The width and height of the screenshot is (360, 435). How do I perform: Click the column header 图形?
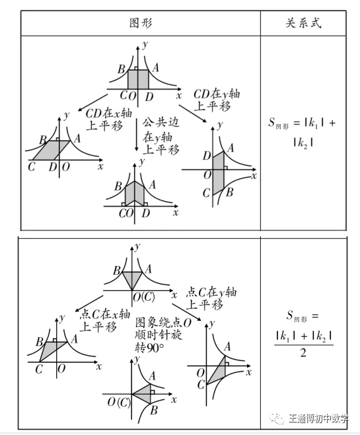click(140, 22)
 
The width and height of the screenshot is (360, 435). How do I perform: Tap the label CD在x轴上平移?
click(104, 119)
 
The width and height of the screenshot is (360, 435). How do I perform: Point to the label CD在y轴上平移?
click(217, 100)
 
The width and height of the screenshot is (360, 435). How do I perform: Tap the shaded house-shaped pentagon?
click(138, 194)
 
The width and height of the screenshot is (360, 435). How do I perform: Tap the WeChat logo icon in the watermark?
click(275, 418)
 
